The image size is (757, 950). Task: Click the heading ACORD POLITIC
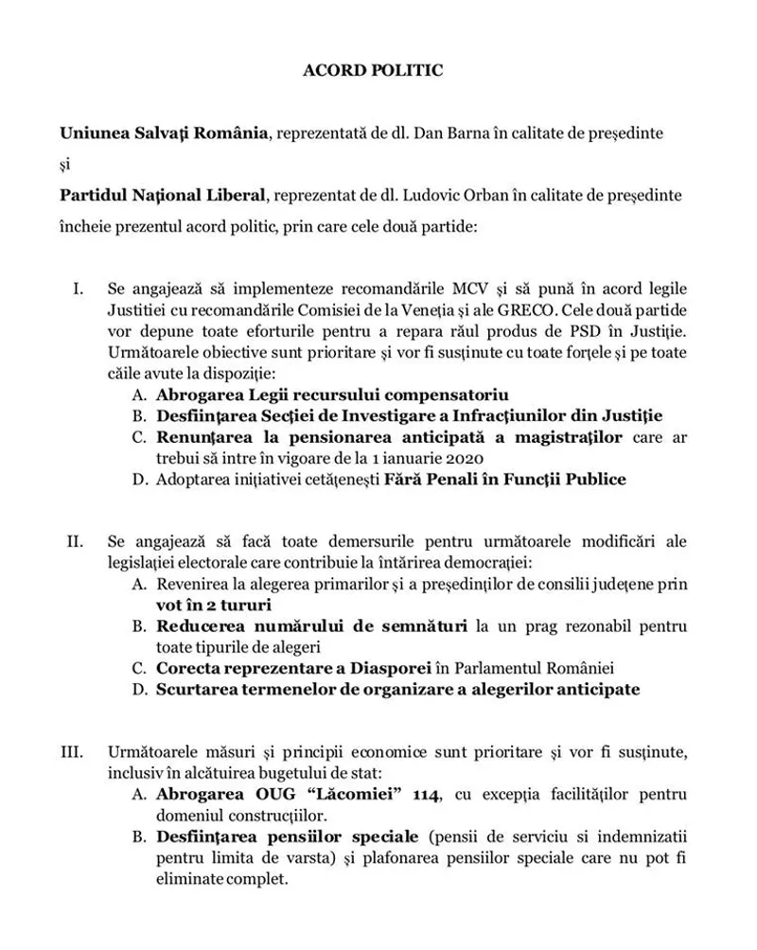[x=372, y=70]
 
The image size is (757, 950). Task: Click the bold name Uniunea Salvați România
[x=164, y=133]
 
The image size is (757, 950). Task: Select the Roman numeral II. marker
[x=75, y=542]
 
